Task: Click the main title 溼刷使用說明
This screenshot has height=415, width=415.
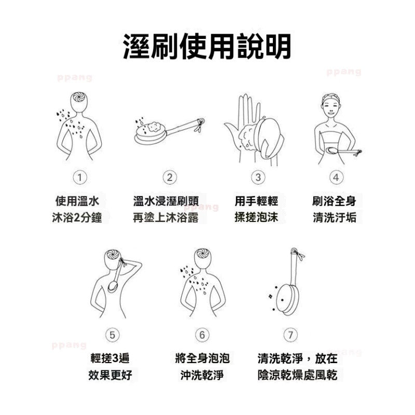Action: (x=207, y=46)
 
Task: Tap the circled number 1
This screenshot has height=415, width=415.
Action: (x=80, y=177)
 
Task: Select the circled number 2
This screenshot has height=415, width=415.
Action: (x=170, y=177)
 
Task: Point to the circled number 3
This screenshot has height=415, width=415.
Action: (x=258, y=177)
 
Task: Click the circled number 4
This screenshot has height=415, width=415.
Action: (x=336, y=177)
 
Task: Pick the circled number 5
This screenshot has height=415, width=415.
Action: (x=112, y=335)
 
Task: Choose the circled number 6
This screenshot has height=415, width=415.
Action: (x=202, y=335)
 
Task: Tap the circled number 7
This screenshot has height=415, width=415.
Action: (x=290, y=335)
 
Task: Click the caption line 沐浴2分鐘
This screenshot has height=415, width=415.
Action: (x=77, y=217)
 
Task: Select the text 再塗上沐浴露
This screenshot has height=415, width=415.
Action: (x=165, y=217)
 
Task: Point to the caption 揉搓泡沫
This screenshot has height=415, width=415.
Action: (x=256, y=217)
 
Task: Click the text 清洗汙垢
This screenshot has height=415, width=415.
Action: (x=335, y=217)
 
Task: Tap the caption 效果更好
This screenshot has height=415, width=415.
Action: (x=110, y=375)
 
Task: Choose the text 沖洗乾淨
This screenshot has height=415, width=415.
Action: (x=202, y=375)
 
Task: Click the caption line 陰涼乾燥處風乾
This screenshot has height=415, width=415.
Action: (x=297, y=375)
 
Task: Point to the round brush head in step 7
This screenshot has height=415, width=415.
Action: (x=287, y=300)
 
